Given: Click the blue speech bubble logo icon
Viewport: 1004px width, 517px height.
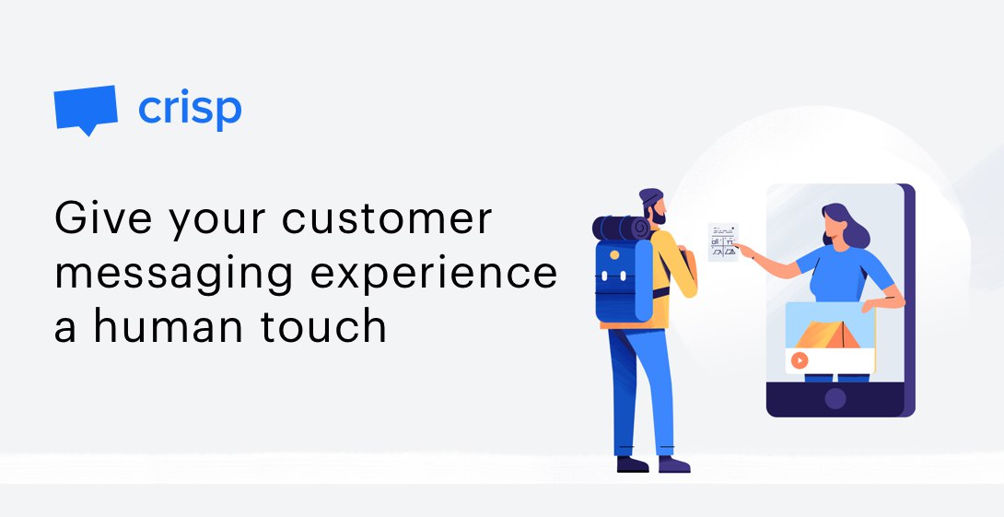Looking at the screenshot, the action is point(86,109).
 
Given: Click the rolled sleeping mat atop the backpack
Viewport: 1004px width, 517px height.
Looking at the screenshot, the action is point(621,228).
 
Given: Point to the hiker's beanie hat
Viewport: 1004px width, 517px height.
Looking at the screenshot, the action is point(649,196).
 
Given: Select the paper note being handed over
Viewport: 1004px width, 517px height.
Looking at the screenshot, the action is point(723,242).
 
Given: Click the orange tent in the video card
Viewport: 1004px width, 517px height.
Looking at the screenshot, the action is point(828,335).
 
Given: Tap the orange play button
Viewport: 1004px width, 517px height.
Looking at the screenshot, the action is point(800,360).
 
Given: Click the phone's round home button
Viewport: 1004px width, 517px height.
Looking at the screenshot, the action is point(835,398).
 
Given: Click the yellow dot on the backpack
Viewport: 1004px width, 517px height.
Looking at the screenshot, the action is point(614,254).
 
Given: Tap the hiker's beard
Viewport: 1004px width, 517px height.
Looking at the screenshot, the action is point(659,217).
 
